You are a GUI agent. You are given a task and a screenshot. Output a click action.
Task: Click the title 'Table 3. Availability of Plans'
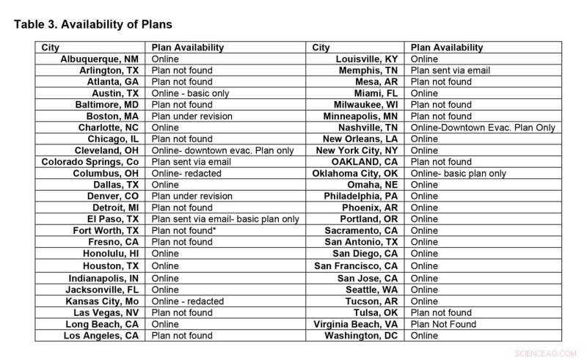point(93,24)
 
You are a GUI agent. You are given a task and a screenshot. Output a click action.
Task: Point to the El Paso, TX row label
point(113,218)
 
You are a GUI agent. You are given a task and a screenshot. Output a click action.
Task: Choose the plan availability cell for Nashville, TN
point(483,128)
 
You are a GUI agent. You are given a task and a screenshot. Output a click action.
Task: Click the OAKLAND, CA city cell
point(365,161)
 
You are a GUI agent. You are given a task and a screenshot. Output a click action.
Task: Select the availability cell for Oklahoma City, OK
point(459,173)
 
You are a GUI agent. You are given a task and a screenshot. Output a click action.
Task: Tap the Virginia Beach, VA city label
point(356,324)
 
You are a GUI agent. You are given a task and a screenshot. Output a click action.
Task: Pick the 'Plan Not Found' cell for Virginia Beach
point(443,324)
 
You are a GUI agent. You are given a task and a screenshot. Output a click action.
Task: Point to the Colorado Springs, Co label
point(90,161)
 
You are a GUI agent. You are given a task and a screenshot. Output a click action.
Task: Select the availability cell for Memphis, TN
point(451,70)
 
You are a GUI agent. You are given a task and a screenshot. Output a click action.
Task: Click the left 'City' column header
point(51,48)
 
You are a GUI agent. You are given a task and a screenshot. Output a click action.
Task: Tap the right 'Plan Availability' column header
point(447,48)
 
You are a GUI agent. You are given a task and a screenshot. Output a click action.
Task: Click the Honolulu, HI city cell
point(111,254)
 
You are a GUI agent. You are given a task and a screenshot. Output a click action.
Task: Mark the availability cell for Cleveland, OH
point(222,150)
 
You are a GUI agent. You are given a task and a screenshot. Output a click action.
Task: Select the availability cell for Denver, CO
point(192,196)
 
